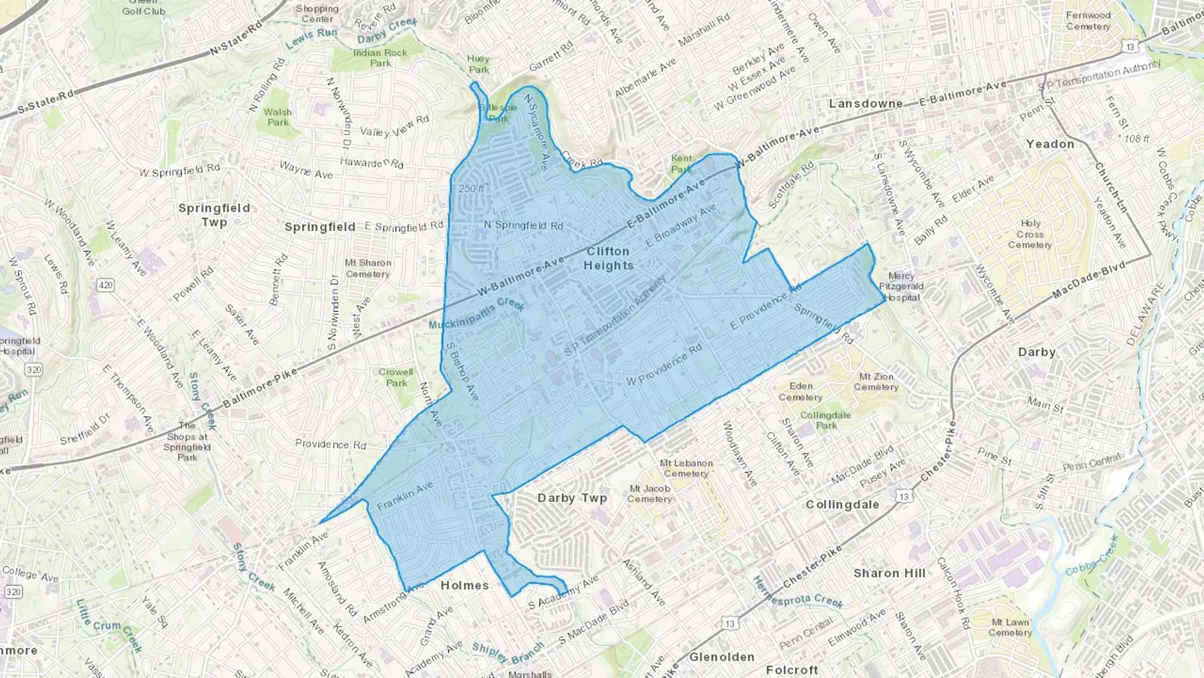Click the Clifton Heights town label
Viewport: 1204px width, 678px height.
(607, 258)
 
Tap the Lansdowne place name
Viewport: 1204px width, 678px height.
(866, 104)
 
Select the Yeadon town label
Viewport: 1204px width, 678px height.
(1050, 144)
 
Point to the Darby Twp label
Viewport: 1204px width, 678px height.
(573, 498)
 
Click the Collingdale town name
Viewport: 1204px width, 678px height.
(842, 505)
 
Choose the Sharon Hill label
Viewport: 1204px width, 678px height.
(890, 573)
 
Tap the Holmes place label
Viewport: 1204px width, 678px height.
(465, 586)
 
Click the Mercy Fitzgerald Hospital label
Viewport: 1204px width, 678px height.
(901, 286)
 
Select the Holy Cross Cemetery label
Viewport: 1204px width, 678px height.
(1030, 234)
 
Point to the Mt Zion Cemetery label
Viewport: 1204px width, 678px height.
(876, 382)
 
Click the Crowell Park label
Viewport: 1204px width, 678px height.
(396, 377)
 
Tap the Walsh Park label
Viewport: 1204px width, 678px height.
(278, 117)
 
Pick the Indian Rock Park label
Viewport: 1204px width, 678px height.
(380, 58)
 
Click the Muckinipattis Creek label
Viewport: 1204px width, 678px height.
(476, 315)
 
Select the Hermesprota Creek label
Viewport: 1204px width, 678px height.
(797, 592)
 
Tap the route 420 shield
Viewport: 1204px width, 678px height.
(106, 286)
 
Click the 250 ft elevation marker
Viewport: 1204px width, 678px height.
(472, 189)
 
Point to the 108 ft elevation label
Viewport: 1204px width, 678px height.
(1136, 139)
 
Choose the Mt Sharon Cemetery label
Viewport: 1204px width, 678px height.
(368, 268)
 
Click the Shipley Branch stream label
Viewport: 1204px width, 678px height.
(507, 653)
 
